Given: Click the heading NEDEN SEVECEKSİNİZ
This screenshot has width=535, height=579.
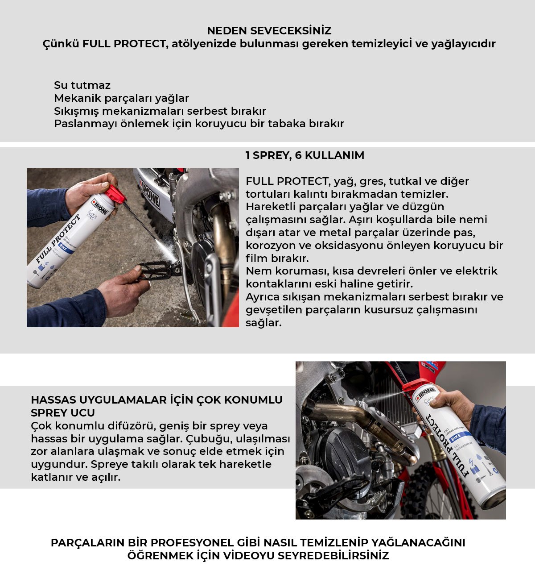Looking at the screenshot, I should pos(269,31).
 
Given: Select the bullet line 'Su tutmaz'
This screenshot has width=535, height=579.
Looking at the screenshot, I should pos(82,85).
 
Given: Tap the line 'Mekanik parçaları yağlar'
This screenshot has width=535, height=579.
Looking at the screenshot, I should pos(121,98).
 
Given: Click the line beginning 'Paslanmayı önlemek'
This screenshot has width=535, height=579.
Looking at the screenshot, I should pos(199,124).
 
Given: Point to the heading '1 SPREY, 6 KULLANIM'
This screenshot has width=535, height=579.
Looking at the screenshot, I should pos(305,155).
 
